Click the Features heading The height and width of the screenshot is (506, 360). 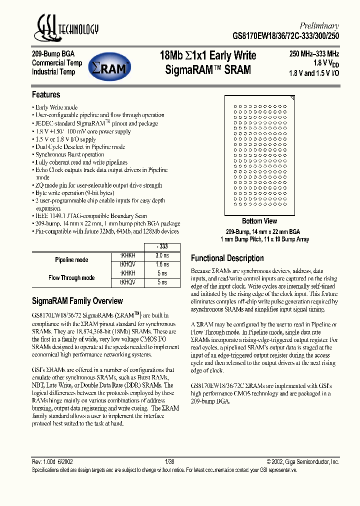coord(46,94)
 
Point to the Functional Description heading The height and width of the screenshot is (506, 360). coord(227,258)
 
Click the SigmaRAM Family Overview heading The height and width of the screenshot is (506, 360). coord(77,301)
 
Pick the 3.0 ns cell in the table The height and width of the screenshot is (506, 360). coord(162,255)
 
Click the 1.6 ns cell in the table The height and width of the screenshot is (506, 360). coord(162,264)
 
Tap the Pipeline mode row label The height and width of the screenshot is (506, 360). coord(71,260)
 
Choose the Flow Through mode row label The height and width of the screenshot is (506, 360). coord(71,277)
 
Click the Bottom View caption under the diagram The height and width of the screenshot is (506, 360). coord(259,221)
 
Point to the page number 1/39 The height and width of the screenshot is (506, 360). coord(170,462)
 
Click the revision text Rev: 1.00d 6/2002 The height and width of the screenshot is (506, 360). coord(52,462)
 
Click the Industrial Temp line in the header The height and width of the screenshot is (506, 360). coord(53,72)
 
